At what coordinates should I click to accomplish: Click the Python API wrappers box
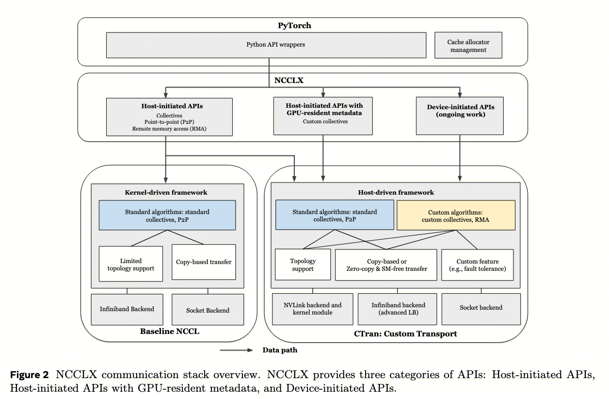click(266, 45)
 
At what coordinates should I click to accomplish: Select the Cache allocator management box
click(468, 46)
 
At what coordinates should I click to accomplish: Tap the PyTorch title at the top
click(294, 25)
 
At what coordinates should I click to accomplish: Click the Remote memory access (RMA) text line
click(169, 129)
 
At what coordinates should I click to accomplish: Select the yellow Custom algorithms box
click(456, 216)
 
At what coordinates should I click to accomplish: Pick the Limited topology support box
click(131, 264)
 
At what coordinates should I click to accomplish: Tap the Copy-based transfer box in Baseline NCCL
click(204, 262)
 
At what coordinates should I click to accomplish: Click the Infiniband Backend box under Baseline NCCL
click(127, 309)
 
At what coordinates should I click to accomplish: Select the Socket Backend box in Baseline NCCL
click(208, 310)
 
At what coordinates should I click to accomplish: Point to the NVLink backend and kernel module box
click(312, 309)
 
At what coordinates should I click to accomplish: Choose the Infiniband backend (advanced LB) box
click(397, 309)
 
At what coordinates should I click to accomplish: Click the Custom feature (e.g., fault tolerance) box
click(477, 265)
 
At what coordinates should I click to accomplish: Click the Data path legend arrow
click(237, 349)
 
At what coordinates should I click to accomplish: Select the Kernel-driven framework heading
click(166, 192)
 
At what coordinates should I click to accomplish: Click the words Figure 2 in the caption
click(29, 375)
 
